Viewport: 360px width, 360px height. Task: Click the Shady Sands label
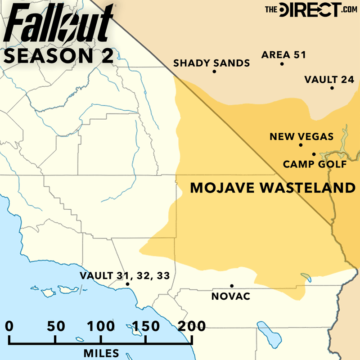tap(211, 63)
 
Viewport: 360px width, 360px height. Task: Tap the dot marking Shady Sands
tap(214, 72)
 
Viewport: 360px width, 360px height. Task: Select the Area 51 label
tap(283, 55)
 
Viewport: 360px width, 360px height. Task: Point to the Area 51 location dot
tap(282, 64)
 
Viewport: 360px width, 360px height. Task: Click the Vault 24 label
tap(326, 80)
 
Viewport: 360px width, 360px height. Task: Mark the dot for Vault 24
tap(332, 88)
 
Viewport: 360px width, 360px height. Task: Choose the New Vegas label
tap(301, 136)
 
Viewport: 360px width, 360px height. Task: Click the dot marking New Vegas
tap(301, 145)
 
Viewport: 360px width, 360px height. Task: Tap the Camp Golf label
tap(315, 164)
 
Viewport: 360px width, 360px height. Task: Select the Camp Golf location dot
tap(314, 154)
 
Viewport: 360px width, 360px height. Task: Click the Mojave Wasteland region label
tap(273, 188)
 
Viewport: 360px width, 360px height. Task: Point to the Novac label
tap(230, 296)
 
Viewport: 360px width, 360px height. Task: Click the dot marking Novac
tap(232, 286)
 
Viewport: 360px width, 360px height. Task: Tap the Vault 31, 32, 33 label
tap(125, 275)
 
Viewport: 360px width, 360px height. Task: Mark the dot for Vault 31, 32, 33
tap(128, 284)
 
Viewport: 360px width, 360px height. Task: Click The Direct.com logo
tap(309, 9)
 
